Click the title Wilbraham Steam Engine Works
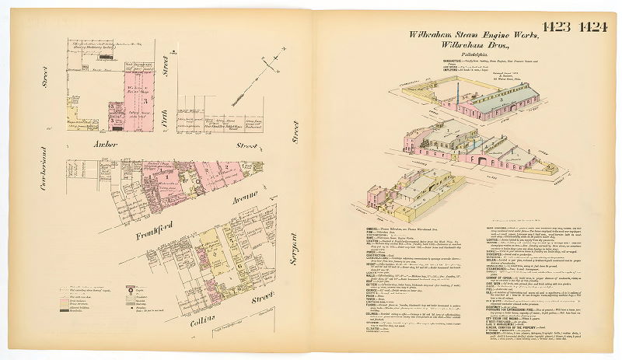pos(459,37)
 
